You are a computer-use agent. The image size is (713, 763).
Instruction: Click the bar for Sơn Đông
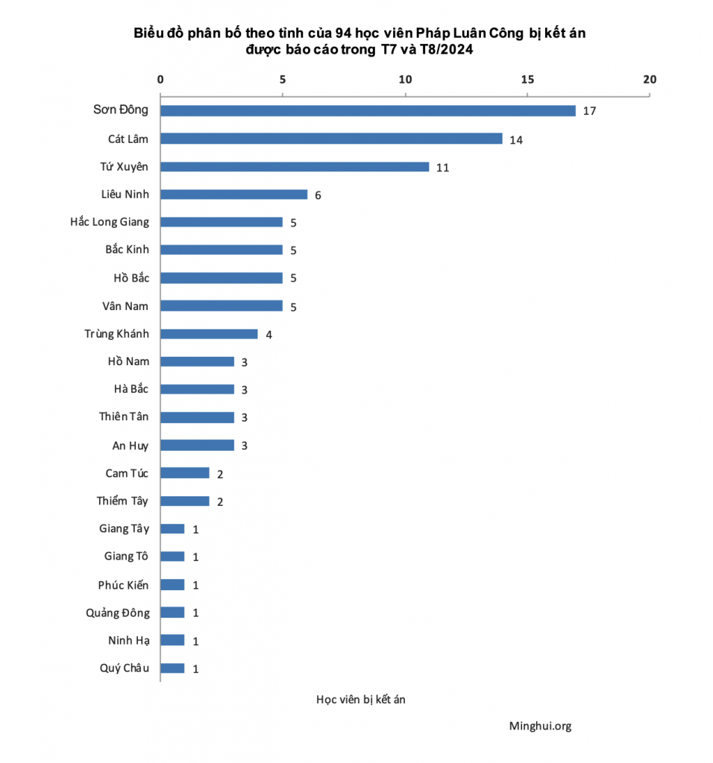[x=368, y=110]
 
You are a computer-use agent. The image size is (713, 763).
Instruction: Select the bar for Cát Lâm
[x=331, y=139]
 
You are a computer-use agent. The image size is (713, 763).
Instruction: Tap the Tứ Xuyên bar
[x=295, y=166]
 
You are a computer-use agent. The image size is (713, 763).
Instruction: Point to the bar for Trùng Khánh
[x=209, y=334]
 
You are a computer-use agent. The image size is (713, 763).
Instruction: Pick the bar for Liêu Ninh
[x=233, y=194]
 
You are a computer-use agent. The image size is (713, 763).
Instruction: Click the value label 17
[x=589, y=111]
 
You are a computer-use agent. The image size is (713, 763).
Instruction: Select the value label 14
[x=516, y=139]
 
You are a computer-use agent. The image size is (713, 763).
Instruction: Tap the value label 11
[x=442, y=167]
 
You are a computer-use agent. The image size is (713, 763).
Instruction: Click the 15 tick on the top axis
[x=527, y=80]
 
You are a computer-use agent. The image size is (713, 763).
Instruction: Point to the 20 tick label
[x=650, y=80]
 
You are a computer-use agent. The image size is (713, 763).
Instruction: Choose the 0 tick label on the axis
[x=160, y=80]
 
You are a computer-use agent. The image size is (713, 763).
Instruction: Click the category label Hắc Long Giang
[x=110, y=222]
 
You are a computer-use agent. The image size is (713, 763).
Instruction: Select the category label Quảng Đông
[x=117, y=612]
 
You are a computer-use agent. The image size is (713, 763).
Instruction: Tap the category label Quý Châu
[x=124, y=668]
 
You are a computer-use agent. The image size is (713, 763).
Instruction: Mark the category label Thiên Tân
[x=124, y=417]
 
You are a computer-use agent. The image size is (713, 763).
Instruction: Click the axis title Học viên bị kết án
[x=360, y=699]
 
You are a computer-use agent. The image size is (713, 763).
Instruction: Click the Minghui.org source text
[x=540, y=726]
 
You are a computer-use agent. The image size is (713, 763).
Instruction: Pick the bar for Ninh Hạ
[x=172, y=640]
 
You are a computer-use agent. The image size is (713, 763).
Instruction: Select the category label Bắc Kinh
[x=127, y=250]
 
